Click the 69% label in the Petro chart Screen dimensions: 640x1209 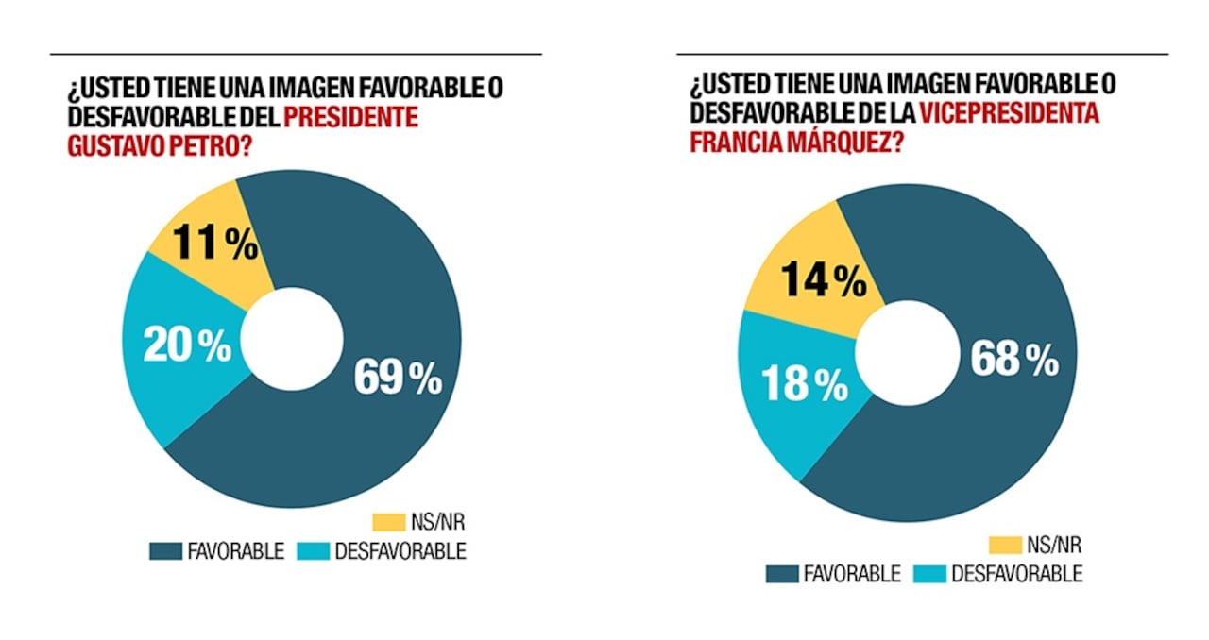[397, 378]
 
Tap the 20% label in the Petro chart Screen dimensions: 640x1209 [186, 345]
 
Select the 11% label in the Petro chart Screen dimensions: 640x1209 [214, 244]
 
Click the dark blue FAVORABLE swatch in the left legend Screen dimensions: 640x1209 [166, 551]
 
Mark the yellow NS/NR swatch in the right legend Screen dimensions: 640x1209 [1005, 544]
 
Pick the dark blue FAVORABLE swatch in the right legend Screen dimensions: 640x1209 [781, 574]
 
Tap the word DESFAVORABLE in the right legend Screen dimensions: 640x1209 [1016, 574]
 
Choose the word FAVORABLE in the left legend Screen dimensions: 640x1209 [237, 551]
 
